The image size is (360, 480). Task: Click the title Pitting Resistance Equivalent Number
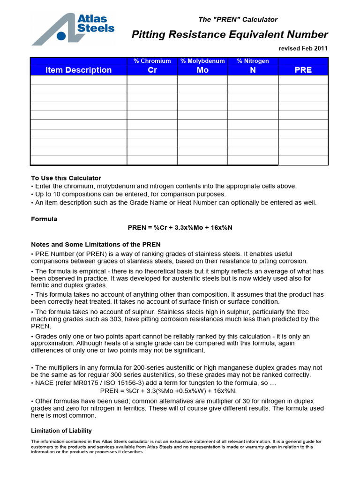point(230,34)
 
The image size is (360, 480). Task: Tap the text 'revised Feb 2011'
point(303,48)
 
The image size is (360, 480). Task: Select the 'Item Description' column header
point(78,70)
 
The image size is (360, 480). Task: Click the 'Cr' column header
point(152,70)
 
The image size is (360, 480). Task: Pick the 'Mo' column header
point(202,70)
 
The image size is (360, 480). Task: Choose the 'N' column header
point(253,70)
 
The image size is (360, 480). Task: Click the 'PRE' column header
point(303,70)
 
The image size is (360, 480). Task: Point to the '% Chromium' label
point(152,61)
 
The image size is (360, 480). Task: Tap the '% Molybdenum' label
point(202,61)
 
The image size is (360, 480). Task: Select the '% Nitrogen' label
point(253,61)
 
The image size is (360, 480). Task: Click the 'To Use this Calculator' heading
point(66,178)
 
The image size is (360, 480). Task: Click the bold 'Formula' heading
point(44,219)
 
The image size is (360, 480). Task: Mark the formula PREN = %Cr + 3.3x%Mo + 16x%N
point(180,227)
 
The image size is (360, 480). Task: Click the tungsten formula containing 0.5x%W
point(169,390)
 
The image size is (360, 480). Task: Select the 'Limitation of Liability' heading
point(61,430)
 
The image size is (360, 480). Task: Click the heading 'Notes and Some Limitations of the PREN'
point(96,244)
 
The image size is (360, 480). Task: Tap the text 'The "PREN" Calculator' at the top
point(238,20)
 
